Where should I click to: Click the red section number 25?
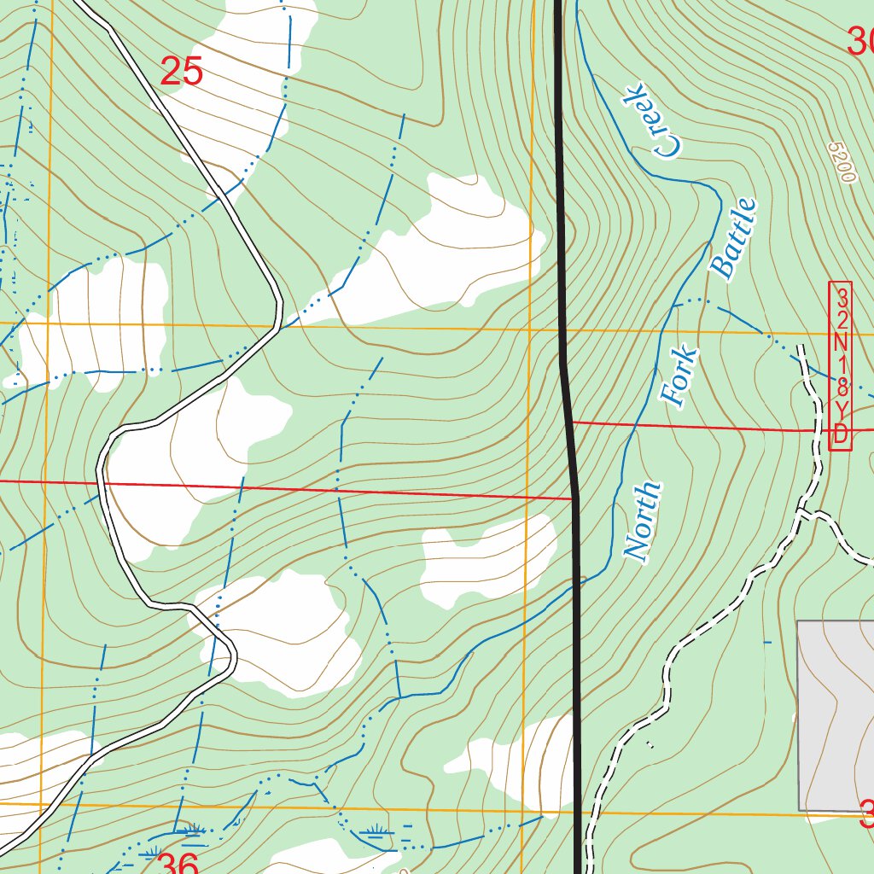pos(182,72)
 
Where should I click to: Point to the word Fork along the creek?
pos(680,376)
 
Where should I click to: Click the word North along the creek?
pos(643,521)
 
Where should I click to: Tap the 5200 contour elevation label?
pos(841,162)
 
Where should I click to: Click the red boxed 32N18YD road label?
pos(841,365)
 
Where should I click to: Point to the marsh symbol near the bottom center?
pos(376,830)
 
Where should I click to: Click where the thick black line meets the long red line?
pos(574,498)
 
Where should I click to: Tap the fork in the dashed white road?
pos(802,512)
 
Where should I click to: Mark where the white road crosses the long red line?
pos(102,483)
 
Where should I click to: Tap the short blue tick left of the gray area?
pos(766,641)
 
